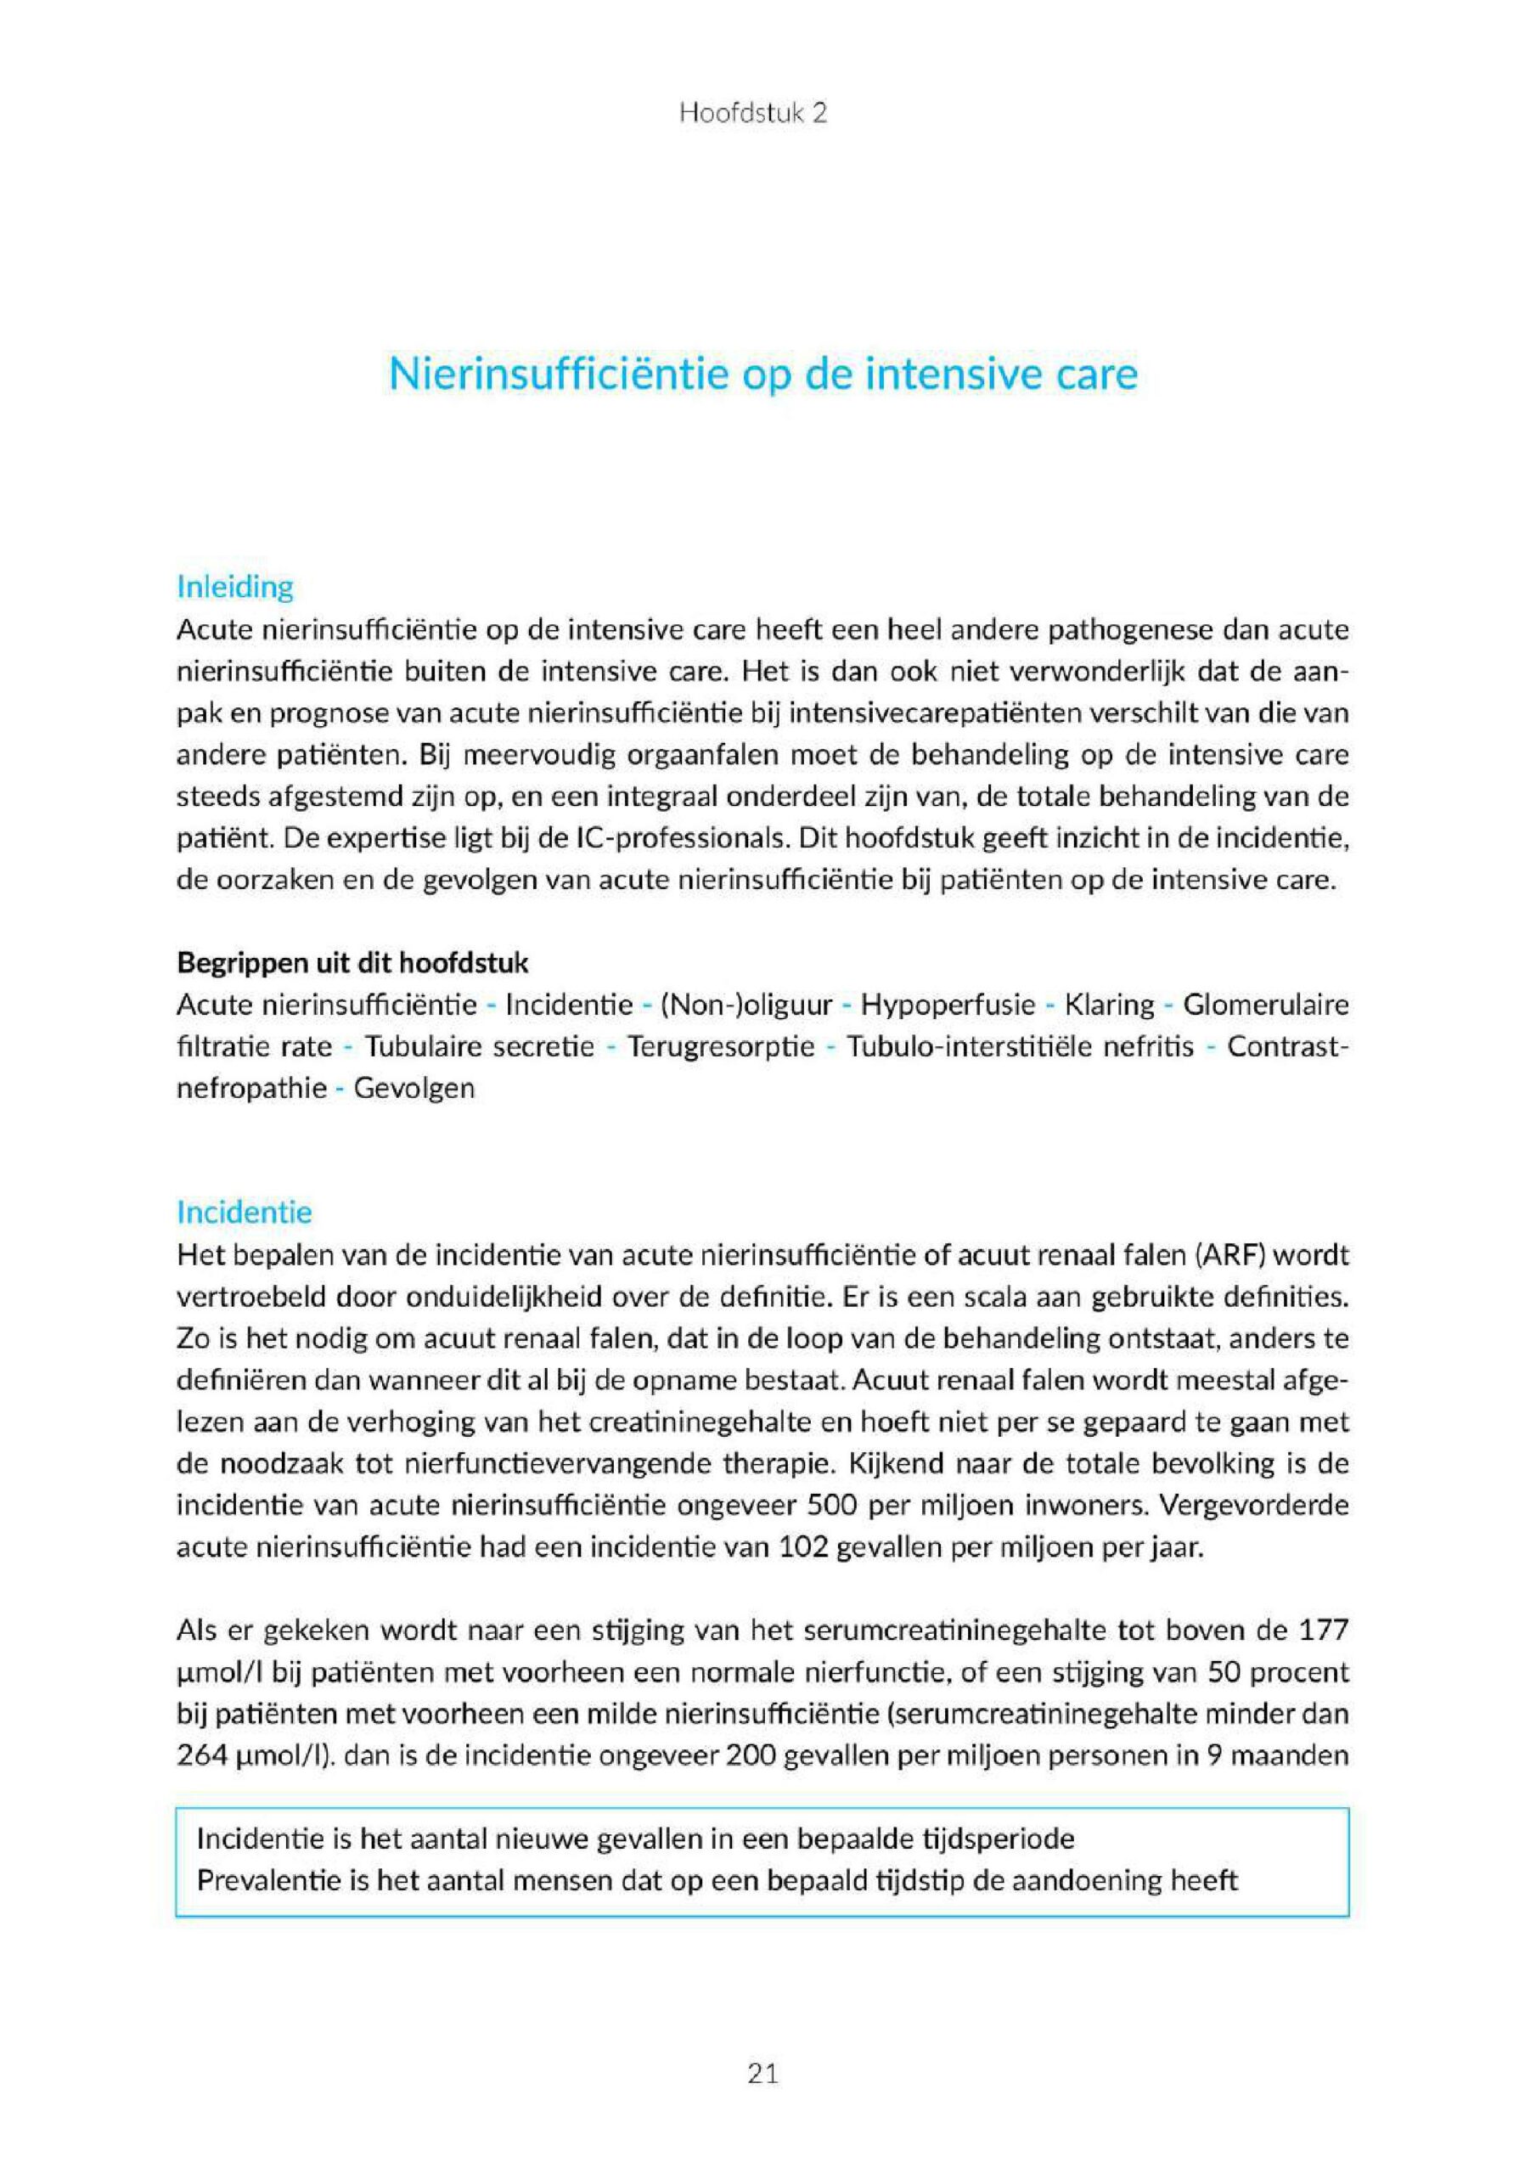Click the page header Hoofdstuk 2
click(x=753, y=114)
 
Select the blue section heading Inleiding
click(x=235, y=587)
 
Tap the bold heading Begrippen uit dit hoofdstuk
click(x=352, y=963)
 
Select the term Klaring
click(x=1110, y=1005)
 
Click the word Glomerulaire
click(x=1265, y=1005)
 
